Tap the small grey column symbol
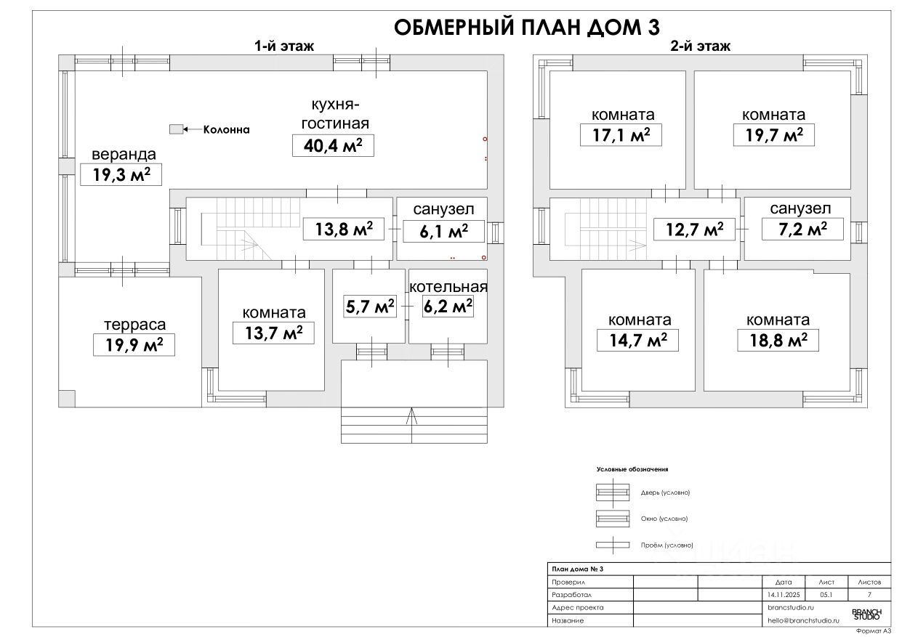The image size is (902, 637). point(175,129)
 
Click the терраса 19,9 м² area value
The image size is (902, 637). point(134,345)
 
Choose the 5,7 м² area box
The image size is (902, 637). point(369,307)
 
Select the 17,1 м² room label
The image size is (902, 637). point(621,135)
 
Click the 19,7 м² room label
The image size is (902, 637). point(773,135)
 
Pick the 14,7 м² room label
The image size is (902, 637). point(637,340)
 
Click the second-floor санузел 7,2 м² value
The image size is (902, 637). point(802,230)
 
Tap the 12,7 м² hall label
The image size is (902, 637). point(694,230)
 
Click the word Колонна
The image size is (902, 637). point(226,130)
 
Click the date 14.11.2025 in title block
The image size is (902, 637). point(784,594)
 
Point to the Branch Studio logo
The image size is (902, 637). point(865,614)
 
